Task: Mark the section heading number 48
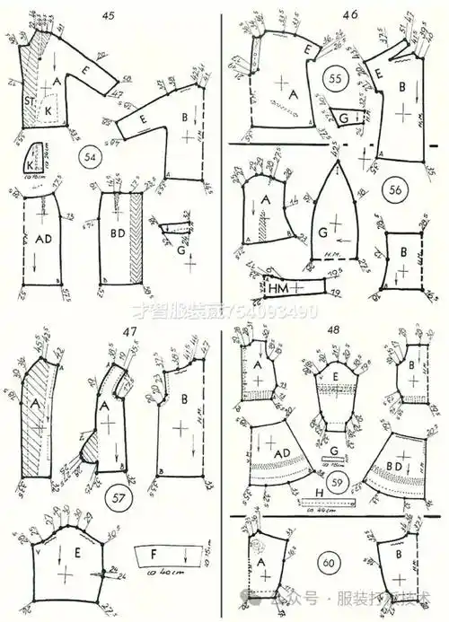click(346, 331)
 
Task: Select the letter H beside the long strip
click(320, 493)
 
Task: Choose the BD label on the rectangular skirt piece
click(117, 240)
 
